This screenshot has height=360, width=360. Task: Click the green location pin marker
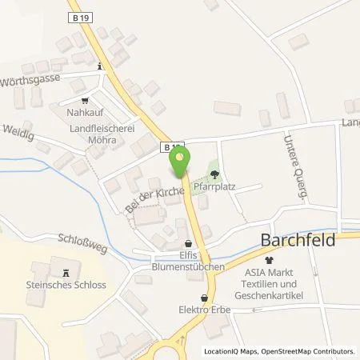tap(180, 158)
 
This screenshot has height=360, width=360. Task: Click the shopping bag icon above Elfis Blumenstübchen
tap(188, 246)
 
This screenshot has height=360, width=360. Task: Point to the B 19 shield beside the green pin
tap(170, 147)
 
